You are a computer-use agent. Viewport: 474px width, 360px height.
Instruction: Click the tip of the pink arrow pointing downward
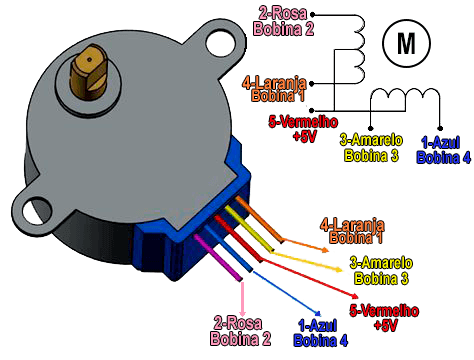coord(239,311)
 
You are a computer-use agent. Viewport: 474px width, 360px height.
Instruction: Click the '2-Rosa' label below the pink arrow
coord(240,323)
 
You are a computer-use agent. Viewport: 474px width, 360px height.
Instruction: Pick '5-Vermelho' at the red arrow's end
coord(385,311)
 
